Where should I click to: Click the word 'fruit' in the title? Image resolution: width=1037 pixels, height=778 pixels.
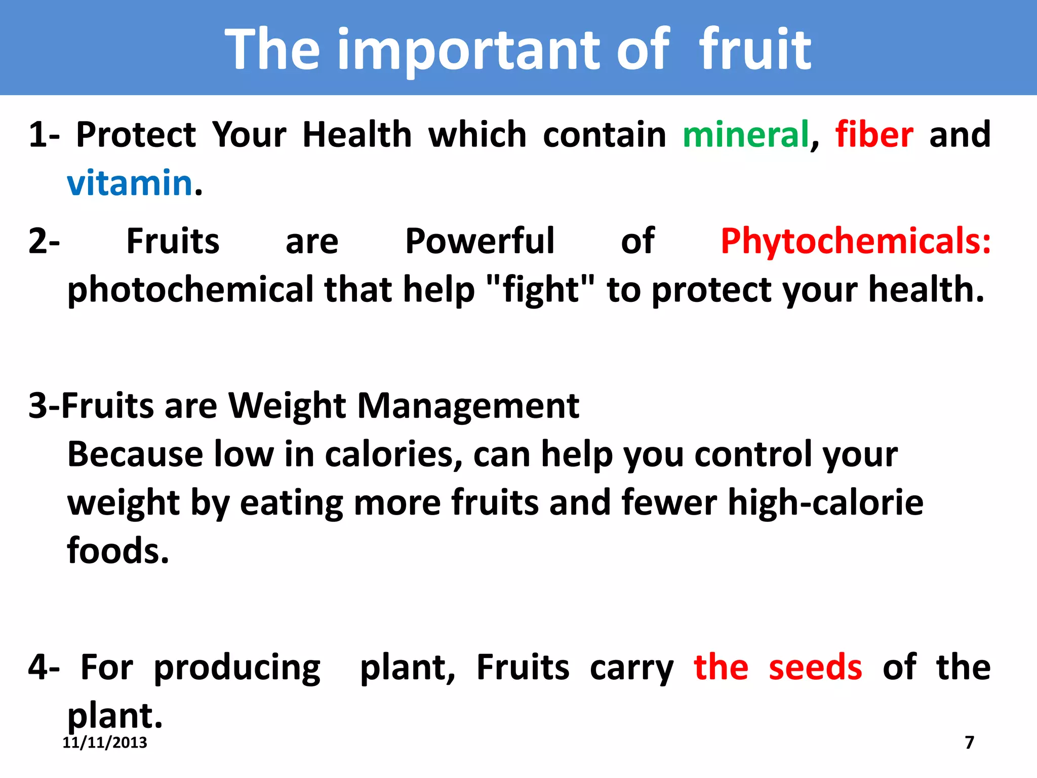tap(755, 49)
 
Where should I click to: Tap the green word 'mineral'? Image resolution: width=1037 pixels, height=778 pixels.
tap(745, 135)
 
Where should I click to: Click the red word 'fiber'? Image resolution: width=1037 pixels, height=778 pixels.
tap(874, 135)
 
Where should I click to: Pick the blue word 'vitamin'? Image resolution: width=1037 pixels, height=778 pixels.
tap(130, 183)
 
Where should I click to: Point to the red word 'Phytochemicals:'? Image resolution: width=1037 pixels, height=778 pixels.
tap(855, 241)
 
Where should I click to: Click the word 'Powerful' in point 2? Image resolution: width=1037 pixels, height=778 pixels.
tap(480, 241)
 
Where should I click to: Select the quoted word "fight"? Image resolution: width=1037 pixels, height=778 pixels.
tap(541, 290)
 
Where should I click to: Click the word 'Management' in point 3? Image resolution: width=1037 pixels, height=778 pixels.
tap(468, 406)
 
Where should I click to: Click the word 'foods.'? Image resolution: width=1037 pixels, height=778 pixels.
tap(118, 551)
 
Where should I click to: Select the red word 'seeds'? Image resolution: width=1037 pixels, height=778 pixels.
tap(815, 667)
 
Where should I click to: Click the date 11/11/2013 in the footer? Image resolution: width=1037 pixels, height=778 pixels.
tap(105, 743)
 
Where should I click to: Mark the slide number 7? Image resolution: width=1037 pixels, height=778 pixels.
tap(969, 743)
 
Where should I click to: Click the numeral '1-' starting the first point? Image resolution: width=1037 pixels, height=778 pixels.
tap(44, 135)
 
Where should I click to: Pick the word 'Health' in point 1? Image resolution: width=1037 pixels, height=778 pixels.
tap(357, 135)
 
